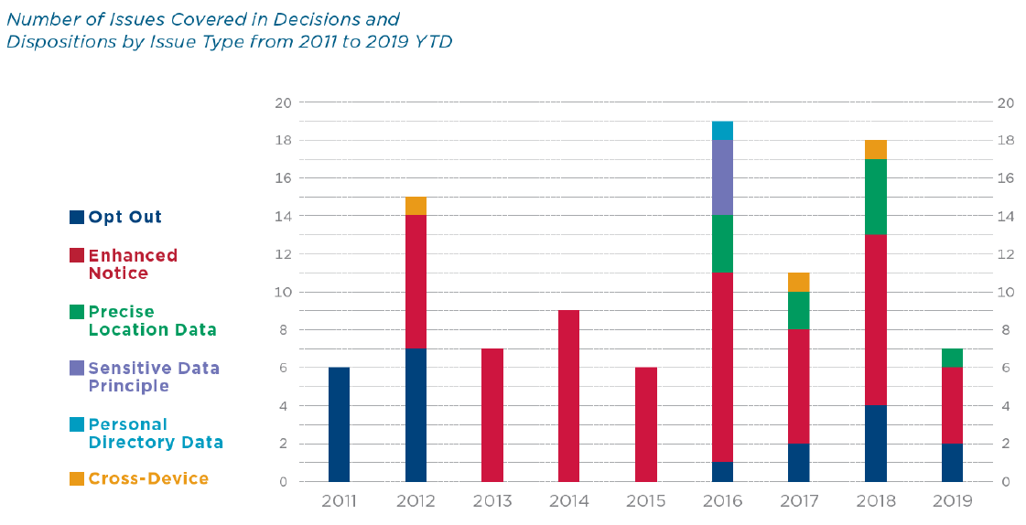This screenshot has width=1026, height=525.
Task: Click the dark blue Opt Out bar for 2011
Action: [x=339, y=424]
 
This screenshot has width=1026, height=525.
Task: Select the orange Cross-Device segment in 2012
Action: [x=416, y=206]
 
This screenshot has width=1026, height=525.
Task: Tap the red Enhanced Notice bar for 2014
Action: [x=568, y=396]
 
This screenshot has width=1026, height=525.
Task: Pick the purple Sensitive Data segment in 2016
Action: [x=722, y=177]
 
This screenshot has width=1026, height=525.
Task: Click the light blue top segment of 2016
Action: [x=722, y=131]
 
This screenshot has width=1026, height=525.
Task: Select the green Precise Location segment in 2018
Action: [x=875, y=197]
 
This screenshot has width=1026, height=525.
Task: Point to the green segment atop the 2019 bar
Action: [x=952, y=358]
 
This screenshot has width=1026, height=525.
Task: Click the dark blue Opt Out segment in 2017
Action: [x=798, y=463]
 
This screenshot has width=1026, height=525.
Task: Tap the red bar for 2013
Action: [x=492, y=415]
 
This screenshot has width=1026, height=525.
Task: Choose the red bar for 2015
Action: [x=645, y=424]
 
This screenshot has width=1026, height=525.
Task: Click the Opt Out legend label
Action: [x=124, y=218]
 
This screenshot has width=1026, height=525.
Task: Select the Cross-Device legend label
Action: [x=148, y=479]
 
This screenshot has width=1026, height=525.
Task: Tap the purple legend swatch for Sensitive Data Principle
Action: [x=77, y=369]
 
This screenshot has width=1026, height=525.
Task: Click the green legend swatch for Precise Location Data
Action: [x=77, y=312]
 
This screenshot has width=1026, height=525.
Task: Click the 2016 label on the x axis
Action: [x=722, y=502]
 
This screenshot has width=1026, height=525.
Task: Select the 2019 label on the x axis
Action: [x=952, y=502]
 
